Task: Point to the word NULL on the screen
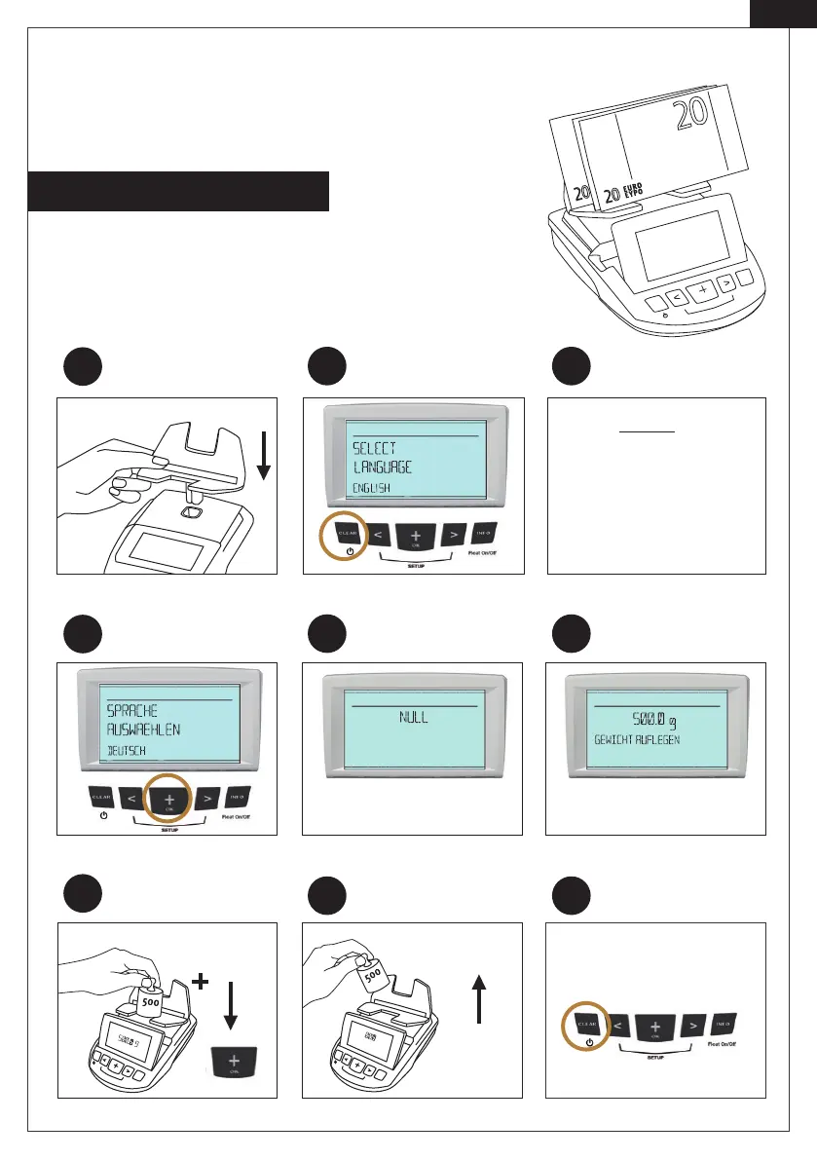pos(413,718)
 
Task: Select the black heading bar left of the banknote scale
pos(180,191)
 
